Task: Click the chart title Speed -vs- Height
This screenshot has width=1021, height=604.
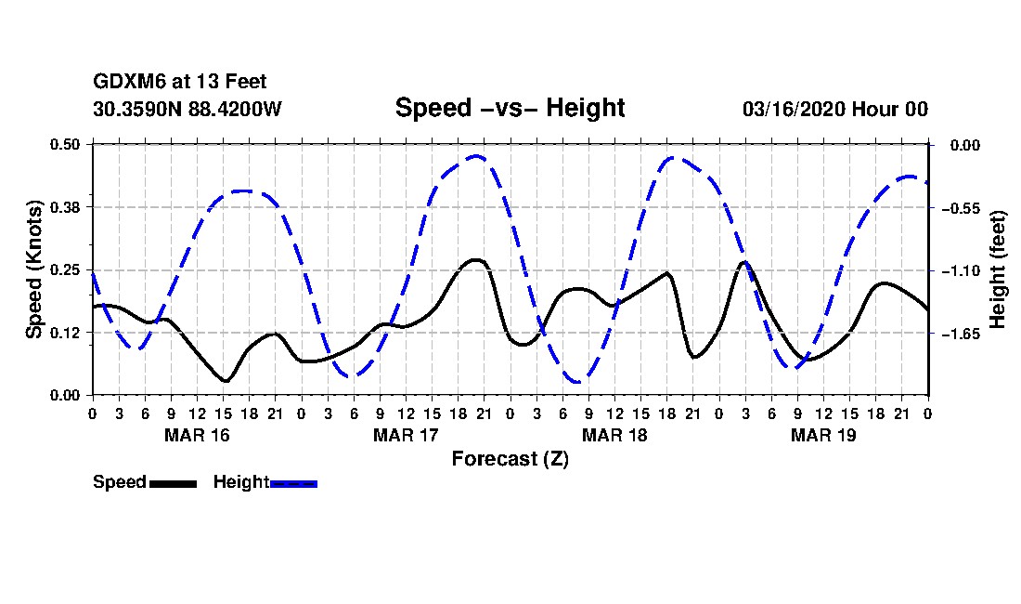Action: click(x=510, y=108)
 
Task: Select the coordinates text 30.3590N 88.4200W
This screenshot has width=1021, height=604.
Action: click(x=187, y=109)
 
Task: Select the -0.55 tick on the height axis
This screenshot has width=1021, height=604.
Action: click(x=961, y=208)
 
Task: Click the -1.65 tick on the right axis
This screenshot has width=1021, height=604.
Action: click(x=961, y=334)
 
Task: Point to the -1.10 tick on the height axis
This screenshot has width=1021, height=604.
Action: click(x=961, y=270)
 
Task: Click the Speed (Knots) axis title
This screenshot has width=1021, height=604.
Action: click(x=34, y=269)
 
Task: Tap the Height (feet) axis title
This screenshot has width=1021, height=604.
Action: click(x=998, y=269)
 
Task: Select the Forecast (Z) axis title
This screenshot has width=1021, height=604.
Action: click(x=510, y=458)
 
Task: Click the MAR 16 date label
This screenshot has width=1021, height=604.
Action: click(x=196, y=435)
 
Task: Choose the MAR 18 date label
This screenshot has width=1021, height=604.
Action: click(x=614, y=435)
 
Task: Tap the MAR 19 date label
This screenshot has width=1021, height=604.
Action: click(x=823, y=435)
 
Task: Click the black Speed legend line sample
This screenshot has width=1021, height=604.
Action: click(x=173, y=483)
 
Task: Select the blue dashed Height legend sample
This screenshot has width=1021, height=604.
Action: click(x=293, y=483)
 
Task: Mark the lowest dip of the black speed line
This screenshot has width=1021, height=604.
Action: click(x=225, y=381)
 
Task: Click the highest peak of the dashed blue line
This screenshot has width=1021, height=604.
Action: click(x=477, y=156)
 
